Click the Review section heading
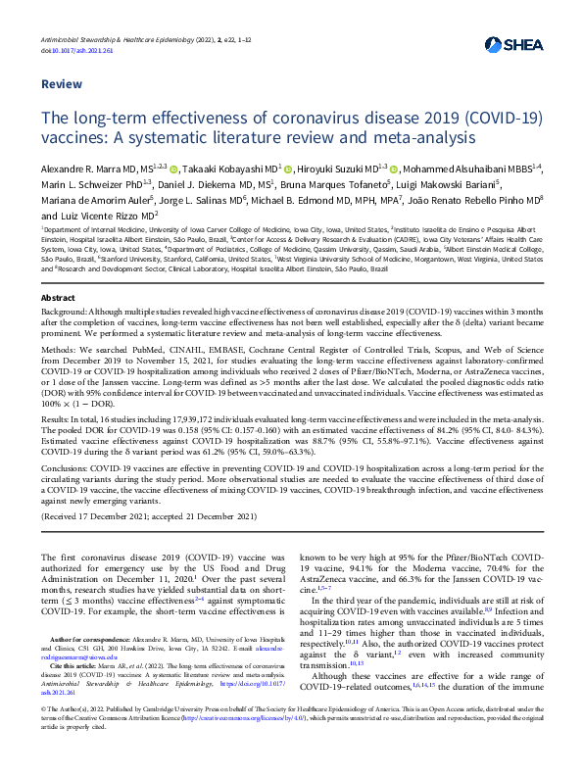point(60,84)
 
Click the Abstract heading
point(58,296)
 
